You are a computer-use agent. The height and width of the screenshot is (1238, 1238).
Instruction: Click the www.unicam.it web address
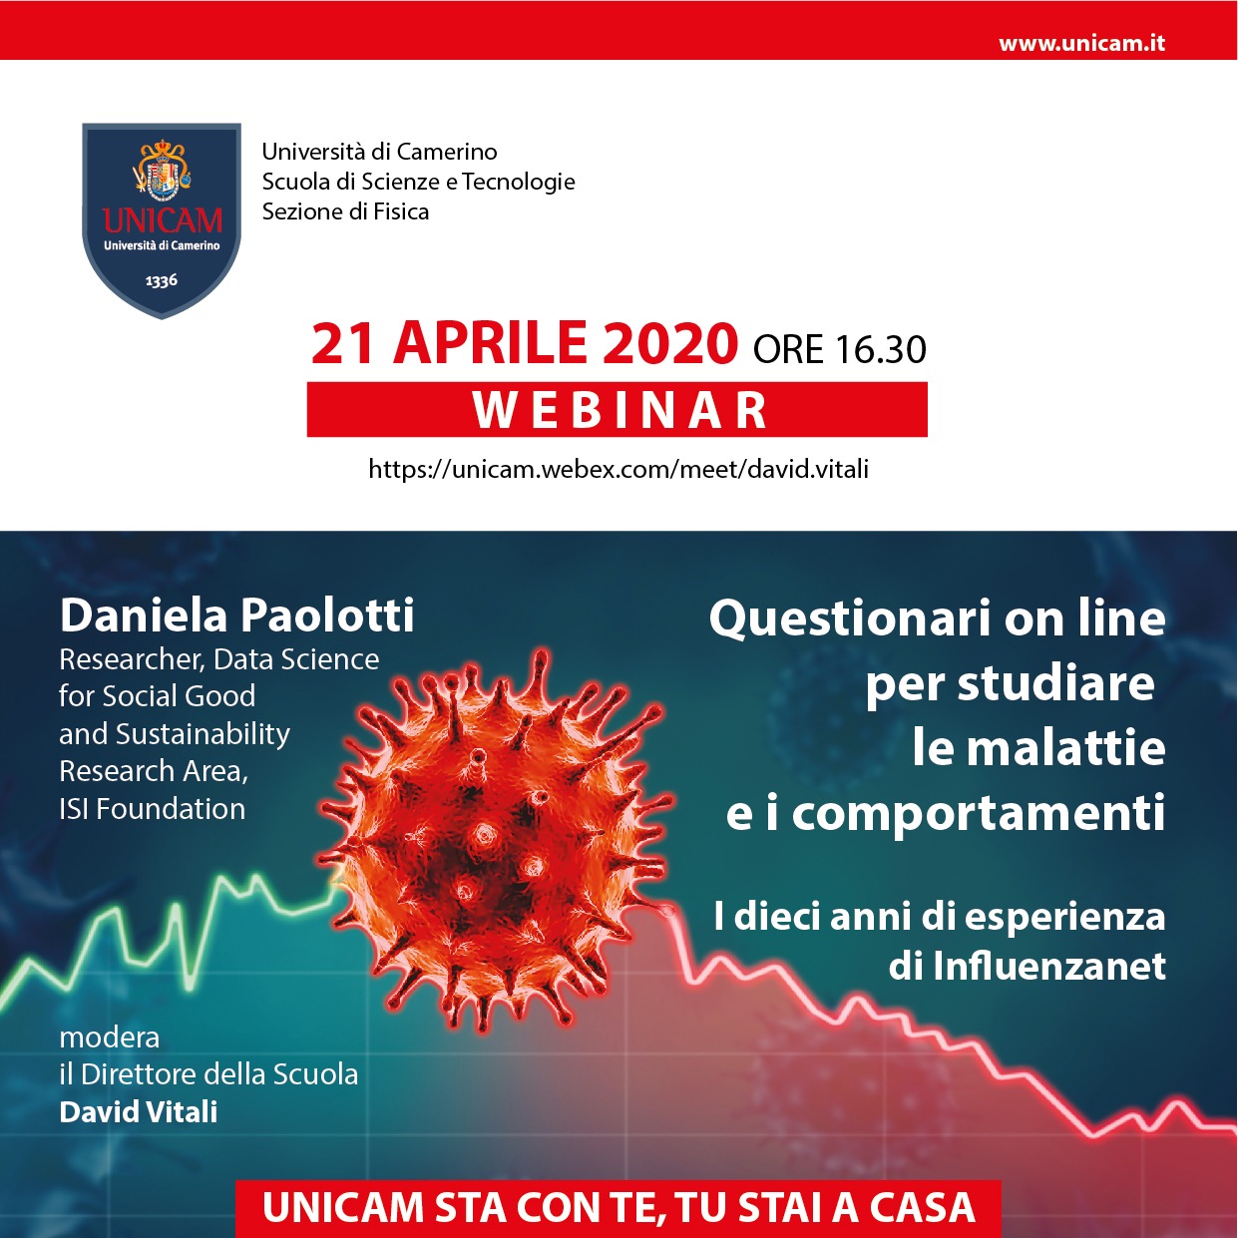coord(1081,43)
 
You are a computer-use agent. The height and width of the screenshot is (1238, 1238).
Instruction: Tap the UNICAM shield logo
coord(162,220)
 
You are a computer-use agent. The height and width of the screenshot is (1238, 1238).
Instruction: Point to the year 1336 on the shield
coord(162,280)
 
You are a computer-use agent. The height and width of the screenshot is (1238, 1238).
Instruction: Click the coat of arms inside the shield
coord(162,169)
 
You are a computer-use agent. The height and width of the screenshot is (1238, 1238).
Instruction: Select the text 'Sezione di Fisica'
coord(345,211)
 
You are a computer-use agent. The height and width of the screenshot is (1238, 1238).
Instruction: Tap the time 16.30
coord(881,349)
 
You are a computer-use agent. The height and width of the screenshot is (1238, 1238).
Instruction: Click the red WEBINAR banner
coord(617,409)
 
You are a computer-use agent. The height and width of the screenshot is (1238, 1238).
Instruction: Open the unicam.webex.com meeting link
coord(619,470)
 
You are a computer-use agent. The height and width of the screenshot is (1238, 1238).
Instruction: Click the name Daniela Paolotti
coord(237,615)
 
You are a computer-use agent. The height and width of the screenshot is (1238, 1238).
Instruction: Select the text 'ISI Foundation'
coord(153,809)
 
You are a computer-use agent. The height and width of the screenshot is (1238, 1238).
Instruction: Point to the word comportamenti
coord(979,812)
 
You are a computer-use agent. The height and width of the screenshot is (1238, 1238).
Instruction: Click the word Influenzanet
coord(1049,966)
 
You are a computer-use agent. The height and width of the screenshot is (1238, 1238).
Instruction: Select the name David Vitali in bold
coord(138,1111)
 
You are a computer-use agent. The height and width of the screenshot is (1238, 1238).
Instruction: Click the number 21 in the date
coord(342,343)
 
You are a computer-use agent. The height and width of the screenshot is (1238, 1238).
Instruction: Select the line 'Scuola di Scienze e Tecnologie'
coord(418,182)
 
